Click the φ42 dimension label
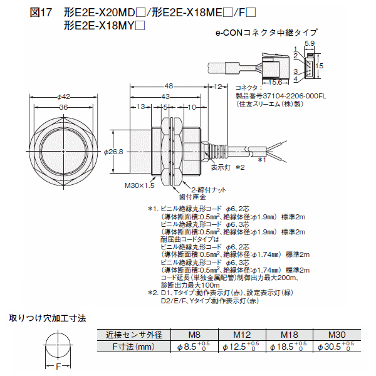[x=63, y=97]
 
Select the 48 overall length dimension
[x=169, y=86]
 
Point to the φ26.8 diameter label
[x=113, y=152]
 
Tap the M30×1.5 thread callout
[x=140, y=185]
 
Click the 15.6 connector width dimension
[x=275, y=82]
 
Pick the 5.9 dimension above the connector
[x=310, y=43]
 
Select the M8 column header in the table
[x=194, y=335]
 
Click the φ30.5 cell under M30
[x=336, y=347]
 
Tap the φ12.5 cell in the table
[x=241, y=347]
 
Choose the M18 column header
[x=290, y=335]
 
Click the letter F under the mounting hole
[x=58, y=367]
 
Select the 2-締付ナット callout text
[x=209, y=190]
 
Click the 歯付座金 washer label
[x=192, y=197]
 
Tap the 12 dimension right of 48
[x=217, y=86]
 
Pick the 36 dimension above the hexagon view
[x=63, y=107]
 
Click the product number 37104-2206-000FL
[x=295, y=96]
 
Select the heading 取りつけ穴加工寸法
[x=48, y=318]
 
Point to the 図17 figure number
[x=41, y=13]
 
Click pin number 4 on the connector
[x=296, y=79]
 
